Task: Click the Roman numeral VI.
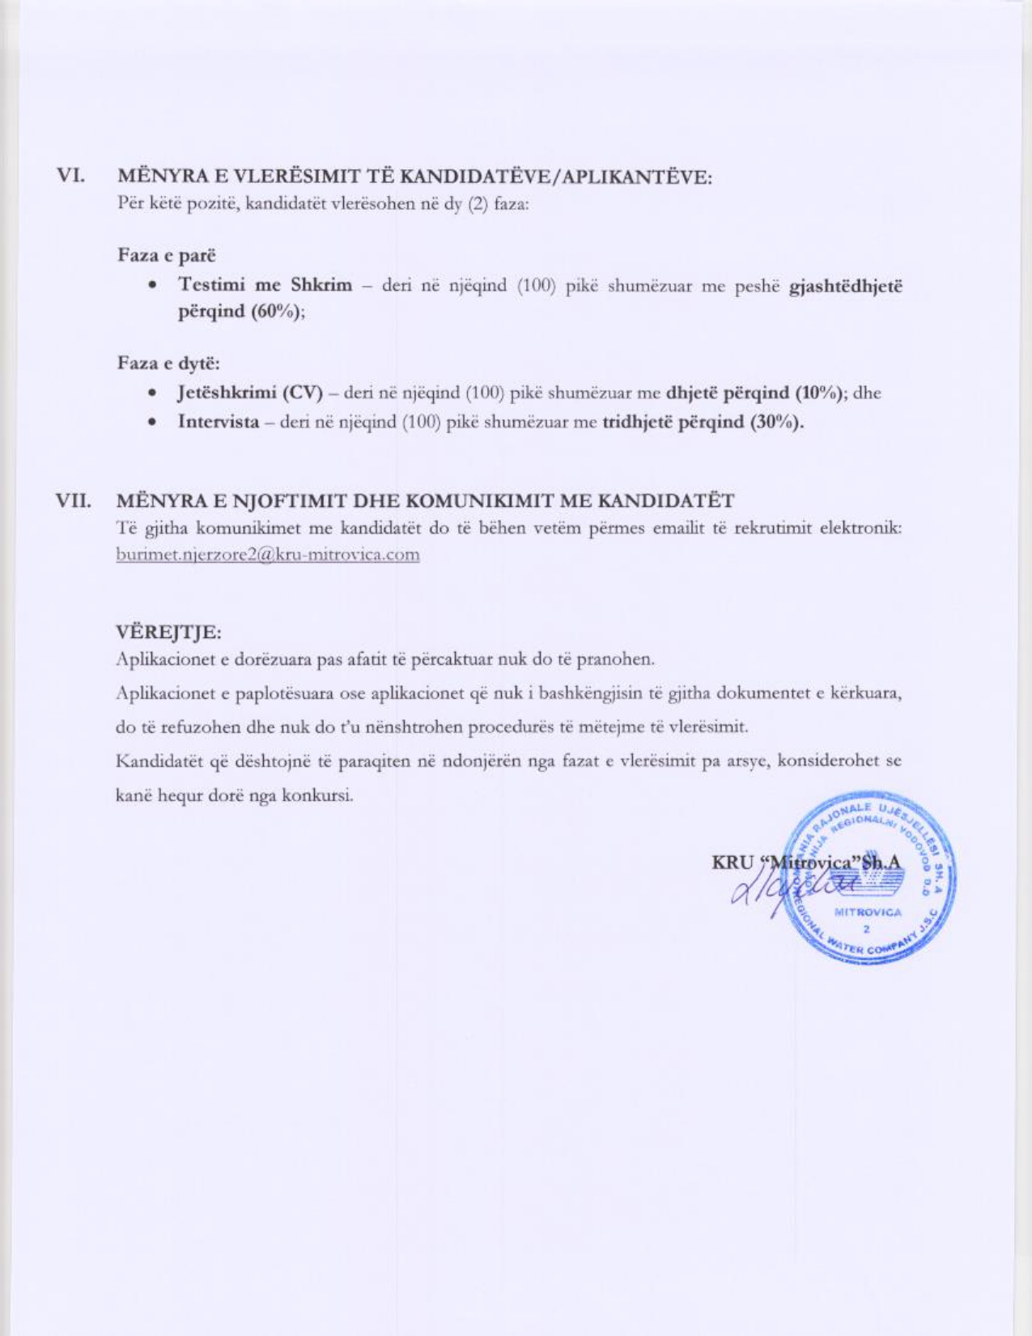70,175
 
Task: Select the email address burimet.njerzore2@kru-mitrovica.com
267,555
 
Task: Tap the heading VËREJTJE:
168,631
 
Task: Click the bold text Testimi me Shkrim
265,285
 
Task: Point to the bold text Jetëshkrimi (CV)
250,394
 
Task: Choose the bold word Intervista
219,422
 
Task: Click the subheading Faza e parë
167,255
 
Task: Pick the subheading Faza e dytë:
168,363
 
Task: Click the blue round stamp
873,878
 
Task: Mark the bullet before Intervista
151,423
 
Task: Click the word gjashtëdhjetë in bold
845,285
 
